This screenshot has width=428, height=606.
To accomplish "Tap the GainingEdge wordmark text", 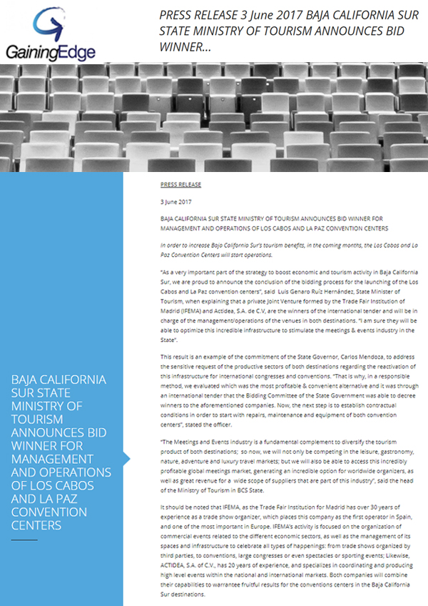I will pos(49,51).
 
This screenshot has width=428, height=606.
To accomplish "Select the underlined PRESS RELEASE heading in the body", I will pos(181,184).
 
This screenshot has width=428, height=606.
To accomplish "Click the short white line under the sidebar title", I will pos(24,540).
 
